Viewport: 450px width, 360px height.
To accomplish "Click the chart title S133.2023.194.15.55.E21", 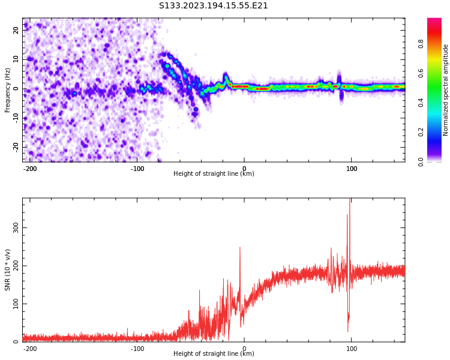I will tap(214, 6).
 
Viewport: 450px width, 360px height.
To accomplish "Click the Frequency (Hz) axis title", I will tap(8, 89).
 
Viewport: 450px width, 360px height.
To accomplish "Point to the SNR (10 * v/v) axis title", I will tap(8, 270).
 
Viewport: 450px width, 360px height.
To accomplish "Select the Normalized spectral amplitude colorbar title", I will tap(446, 89).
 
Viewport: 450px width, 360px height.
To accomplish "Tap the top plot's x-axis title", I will tap(214, 174).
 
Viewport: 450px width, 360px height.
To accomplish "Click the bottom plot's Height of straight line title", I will tap(214, 354).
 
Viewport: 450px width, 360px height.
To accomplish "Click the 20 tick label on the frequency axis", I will tap(17, 30).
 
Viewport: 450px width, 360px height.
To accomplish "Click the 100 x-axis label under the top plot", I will tap(352, 169).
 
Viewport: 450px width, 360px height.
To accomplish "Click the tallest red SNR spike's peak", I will tap(350, 200).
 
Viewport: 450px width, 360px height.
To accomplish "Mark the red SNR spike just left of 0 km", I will tap(240, 248).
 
